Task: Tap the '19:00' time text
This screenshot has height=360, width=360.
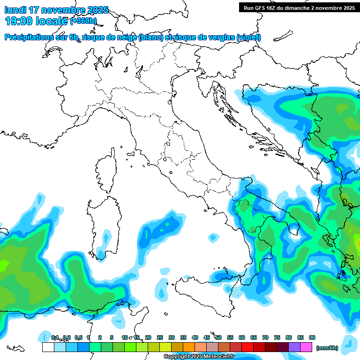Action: coord(18,21)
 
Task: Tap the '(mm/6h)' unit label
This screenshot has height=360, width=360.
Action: coord(328,348)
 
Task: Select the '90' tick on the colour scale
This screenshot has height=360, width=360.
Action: coord(312,337)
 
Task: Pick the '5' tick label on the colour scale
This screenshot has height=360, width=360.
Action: coord(112,337)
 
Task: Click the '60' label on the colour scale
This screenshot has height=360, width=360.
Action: coord(242,337)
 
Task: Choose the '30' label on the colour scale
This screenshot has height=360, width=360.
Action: coord(172,337)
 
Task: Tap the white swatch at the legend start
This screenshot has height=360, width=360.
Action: coord(48,347)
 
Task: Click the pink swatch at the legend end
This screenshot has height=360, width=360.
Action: coord(306,347)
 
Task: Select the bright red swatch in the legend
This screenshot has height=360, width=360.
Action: coord(247,347)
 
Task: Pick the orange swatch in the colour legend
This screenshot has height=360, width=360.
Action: coord(189,347)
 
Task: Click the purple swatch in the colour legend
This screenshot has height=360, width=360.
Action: coord(294,347)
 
